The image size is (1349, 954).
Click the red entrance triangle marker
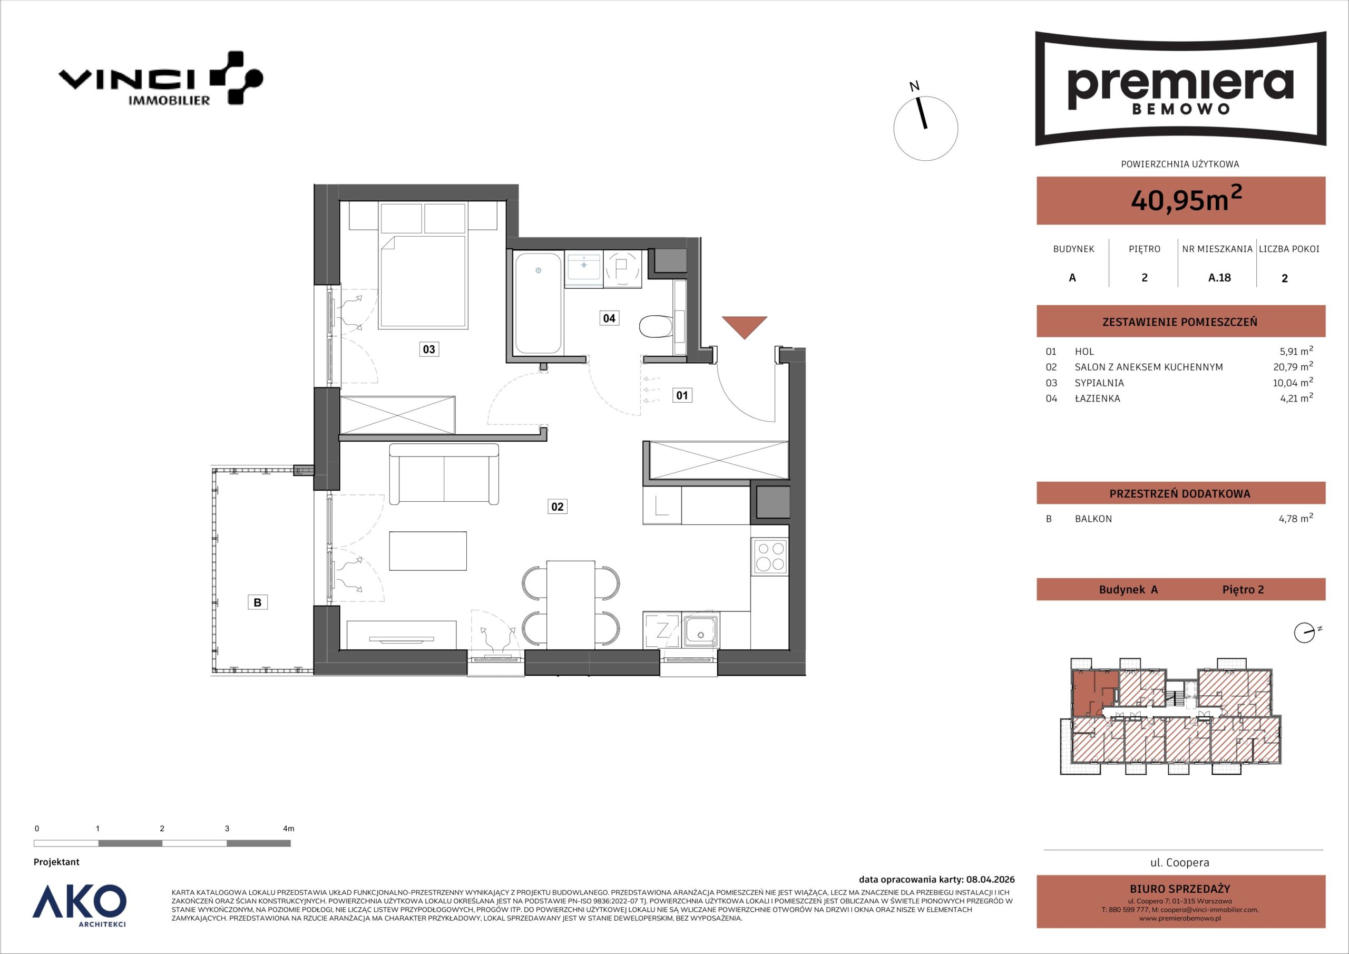[x=745, y=326]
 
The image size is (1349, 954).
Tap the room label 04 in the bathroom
[x=609, y=318]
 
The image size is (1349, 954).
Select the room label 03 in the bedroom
[x=429, y=349]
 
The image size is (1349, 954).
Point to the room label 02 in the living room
[x=557, y=506]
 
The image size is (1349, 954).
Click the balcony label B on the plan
[x=257, y=602]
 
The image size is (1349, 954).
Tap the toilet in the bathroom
[x=656, y=327]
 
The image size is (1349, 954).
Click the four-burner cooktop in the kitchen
[x=770, y=557]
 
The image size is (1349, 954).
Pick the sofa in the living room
[x=444, y=474]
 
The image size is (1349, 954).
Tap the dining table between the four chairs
[x=571, y=604]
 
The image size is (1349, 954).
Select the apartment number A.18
[x=1219, y=277]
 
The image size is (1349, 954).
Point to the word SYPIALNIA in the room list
[x=1099, y=383]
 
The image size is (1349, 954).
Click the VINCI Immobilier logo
[x=160, y=78]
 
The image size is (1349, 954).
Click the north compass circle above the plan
[x=925, y=129]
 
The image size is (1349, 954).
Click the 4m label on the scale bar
[x=288, y=829]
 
